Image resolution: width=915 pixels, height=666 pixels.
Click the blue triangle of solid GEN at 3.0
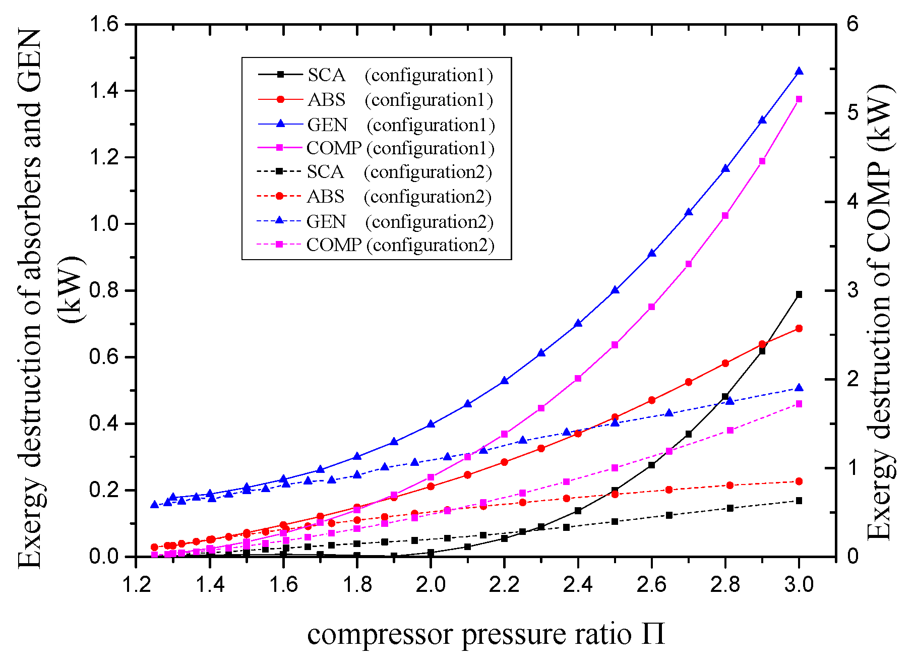click(799, 71)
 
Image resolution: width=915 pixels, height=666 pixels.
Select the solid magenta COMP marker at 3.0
click(799, 99)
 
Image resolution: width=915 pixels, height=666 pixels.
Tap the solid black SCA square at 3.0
click(799, 294)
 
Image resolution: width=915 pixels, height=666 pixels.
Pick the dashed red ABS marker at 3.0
click(799, 481)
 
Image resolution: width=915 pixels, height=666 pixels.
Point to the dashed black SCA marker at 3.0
click(799, 501)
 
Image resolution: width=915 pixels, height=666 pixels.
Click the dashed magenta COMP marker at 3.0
click(799, 404)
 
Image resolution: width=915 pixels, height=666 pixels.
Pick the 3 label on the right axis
click(853, 291)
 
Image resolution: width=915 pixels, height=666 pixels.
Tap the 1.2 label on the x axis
click(136, 584)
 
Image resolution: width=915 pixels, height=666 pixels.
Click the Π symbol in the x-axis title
click(653, 634)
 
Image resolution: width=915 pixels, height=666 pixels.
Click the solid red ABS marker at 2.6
click(651, 400)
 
